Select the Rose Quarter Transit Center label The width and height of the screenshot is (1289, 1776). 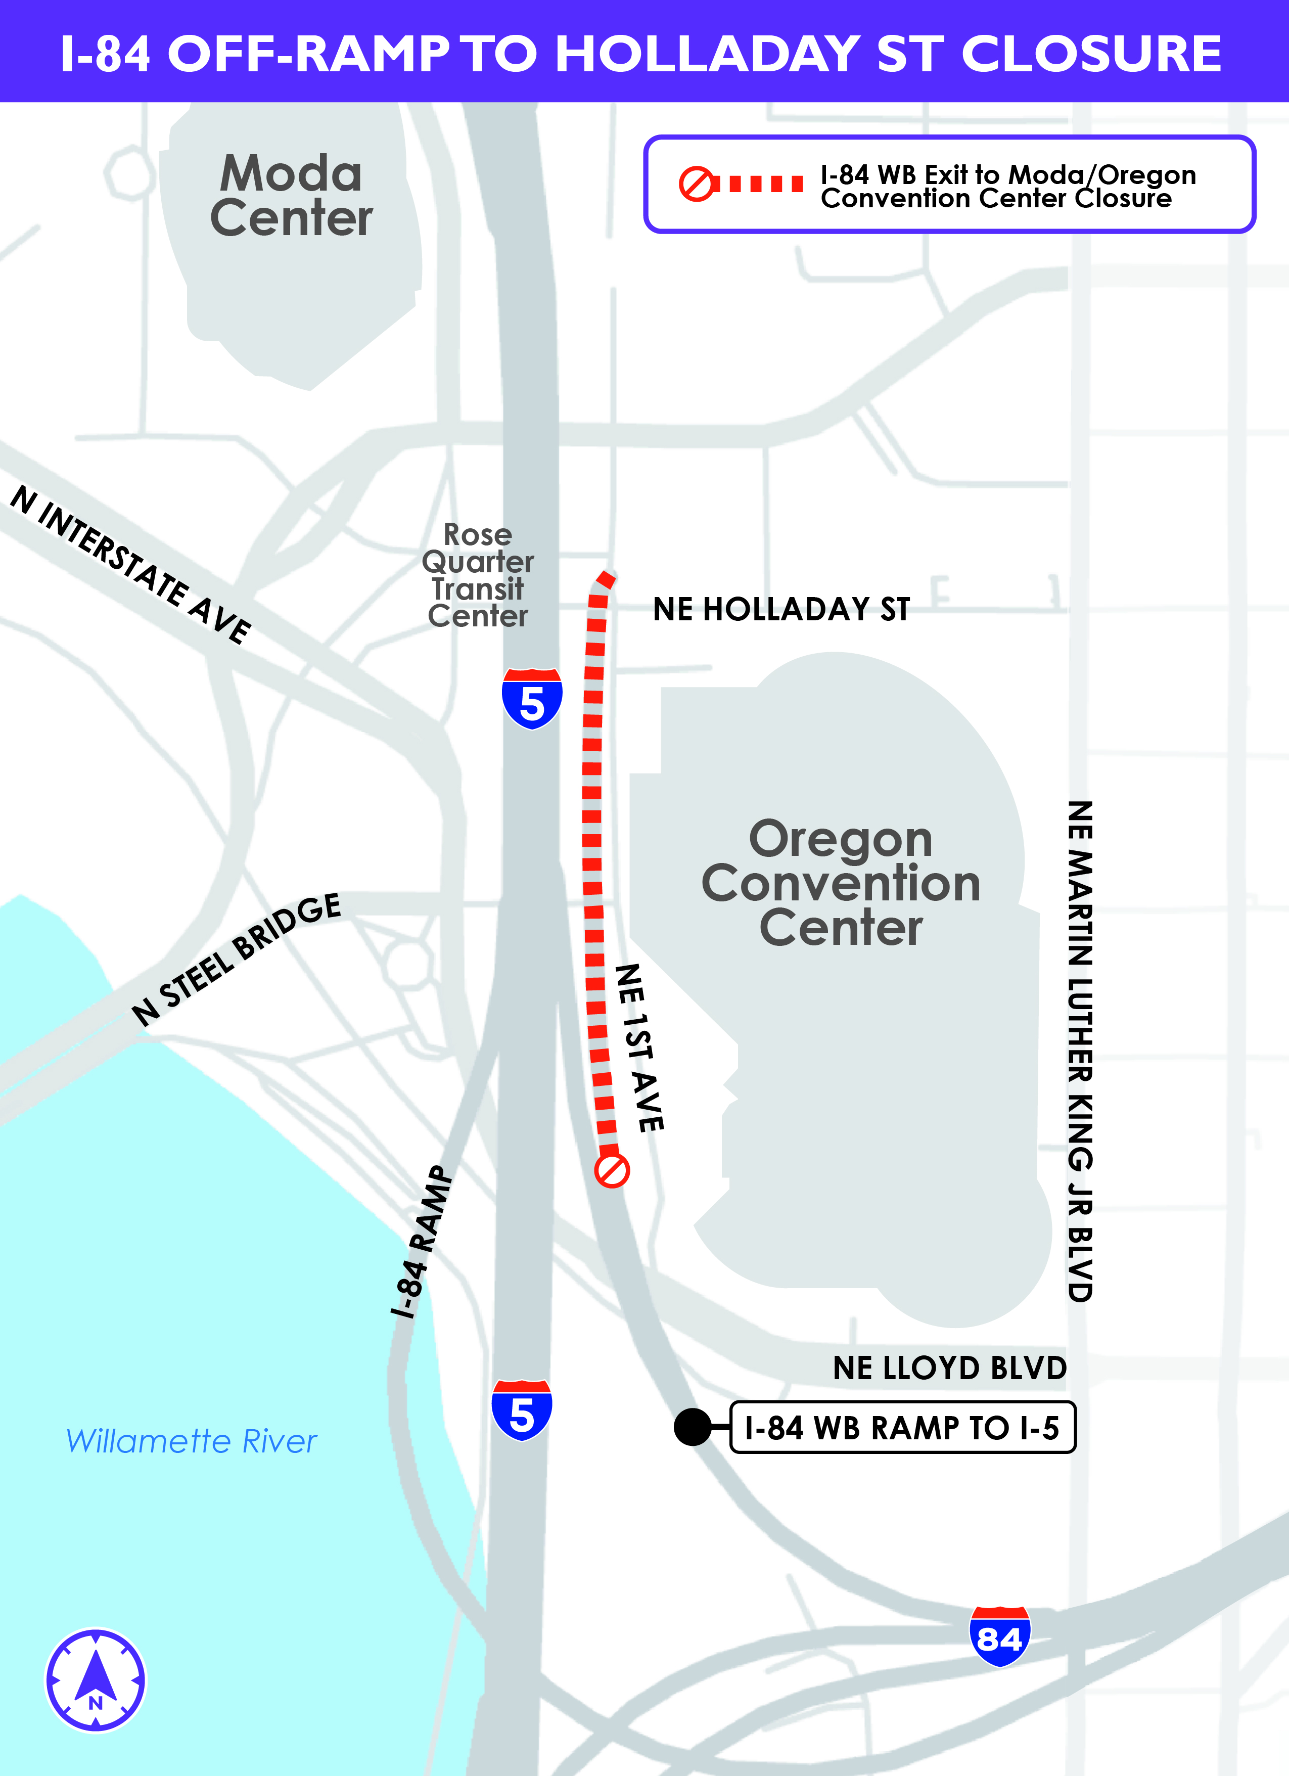[478, 575]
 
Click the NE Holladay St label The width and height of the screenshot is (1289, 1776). [781, 609]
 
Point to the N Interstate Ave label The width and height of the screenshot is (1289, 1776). [131, 563]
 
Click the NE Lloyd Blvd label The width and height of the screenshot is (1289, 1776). [949, 1368]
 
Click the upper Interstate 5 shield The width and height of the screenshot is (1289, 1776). [532, 699]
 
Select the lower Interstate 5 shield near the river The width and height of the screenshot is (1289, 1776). [522, 1410]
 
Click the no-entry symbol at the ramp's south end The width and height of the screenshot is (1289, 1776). [612, 1171]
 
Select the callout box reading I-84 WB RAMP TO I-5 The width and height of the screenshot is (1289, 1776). [902, 1428]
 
